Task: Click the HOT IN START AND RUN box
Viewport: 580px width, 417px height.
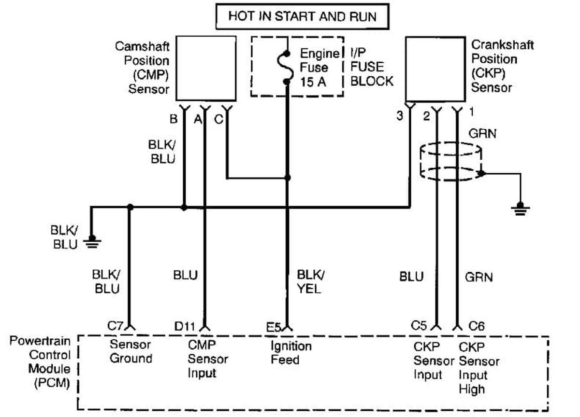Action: pos(302,17)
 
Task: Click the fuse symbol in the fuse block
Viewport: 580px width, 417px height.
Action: pos(287,68)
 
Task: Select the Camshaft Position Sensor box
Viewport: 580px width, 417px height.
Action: pos(206,68)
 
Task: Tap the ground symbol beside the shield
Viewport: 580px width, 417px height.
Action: pos(521,208)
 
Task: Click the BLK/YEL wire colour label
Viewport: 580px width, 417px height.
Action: pos(310,281)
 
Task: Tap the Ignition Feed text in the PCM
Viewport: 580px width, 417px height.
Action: pos(290,353)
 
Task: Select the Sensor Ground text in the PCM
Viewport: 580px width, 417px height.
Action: pos(130,351)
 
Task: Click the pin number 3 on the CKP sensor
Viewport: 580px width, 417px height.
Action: pos(400,116)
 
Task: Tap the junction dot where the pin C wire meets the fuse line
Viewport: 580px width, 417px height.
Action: pos(288,178)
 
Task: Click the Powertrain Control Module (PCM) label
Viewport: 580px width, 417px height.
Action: pos(40,362)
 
